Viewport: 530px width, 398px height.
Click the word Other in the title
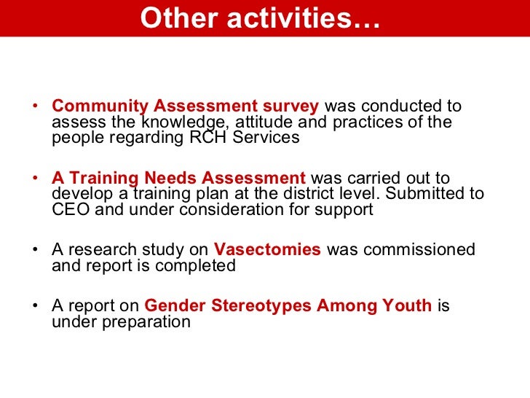tap(169, 19)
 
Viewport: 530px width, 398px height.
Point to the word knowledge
tap(177, 122)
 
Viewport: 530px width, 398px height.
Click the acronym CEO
tap(71, 210)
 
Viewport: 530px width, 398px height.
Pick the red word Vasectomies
tap(267, 249)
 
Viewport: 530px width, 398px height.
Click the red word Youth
tap(409, 305)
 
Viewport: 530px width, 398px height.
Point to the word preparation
tap(121, 321)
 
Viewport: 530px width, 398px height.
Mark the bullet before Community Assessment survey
tap(36, 106)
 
